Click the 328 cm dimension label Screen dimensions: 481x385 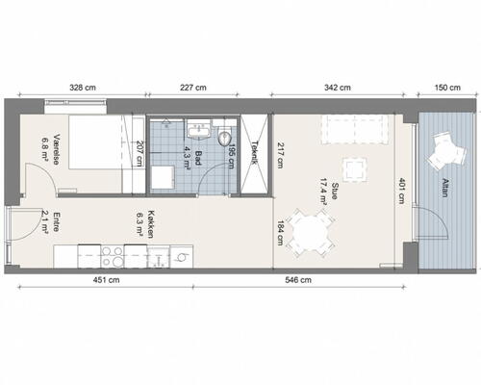[83, 88]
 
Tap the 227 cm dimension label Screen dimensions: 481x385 [193, 88]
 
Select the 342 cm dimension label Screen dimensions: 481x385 [338, 88]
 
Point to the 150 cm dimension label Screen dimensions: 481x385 [447, 88]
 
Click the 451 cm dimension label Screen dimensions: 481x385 [106, 280]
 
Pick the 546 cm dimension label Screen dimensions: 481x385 [298, 280]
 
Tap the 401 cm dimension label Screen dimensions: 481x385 [401, 191]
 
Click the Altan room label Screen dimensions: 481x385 [444, 188]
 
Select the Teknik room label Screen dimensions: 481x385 [255, 153]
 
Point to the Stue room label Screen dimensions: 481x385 [335, 191]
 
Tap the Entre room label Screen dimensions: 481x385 [56, 221]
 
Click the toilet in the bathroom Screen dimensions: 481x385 [224, 137]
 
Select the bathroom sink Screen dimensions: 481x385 [199, 130]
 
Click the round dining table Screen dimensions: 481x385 [311, 233]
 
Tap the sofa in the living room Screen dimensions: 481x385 [355, 129]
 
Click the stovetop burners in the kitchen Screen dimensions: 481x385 [113, 256]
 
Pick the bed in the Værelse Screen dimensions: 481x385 [95, 141]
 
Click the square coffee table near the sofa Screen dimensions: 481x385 [355, 169]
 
